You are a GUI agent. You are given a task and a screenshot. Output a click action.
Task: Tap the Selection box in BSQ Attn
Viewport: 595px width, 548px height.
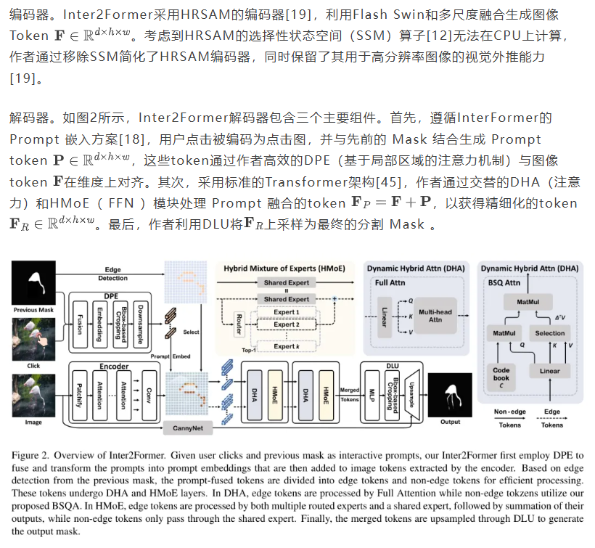pos(549,333)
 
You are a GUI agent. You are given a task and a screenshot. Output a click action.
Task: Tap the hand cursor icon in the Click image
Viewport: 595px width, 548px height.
pos(30,345)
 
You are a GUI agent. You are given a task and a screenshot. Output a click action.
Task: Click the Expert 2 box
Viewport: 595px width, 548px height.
pos(286,324)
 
